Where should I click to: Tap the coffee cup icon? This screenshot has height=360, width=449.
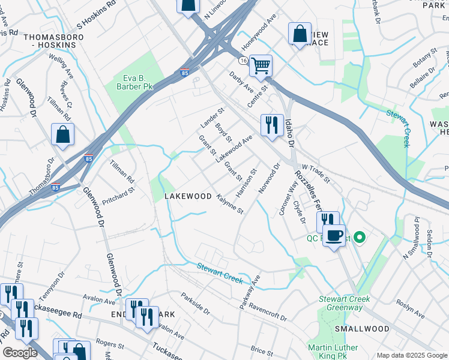click(334, 235)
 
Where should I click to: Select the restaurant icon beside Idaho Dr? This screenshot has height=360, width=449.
click(272, 125)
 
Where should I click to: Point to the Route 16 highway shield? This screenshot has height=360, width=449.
click(242, 61)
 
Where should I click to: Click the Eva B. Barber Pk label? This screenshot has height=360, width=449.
click(130, 83)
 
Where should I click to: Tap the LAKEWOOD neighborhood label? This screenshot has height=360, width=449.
click(188, 196)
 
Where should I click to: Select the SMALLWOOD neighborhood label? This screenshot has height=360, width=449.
click(362, 329)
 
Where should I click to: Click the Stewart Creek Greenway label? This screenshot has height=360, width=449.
click(345, 303)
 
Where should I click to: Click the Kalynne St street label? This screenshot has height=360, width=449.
click(230, 204)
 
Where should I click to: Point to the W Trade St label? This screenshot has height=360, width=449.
click(316, 174)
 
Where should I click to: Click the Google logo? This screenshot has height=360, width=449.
click(20, 353)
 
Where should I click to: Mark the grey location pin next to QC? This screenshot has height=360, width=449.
click(360, 238)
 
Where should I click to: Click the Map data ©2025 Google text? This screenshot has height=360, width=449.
click(412, 355)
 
